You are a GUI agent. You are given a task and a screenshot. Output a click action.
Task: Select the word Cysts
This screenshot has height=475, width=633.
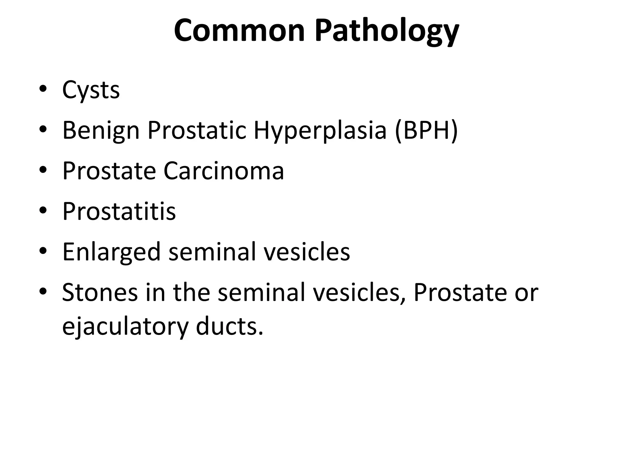91,90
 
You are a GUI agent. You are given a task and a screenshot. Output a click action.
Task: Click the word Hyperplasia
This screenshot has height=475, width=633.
320,131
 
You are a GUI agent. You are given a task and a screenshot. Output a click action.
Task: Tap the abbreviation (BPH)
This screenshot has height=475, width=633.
426,131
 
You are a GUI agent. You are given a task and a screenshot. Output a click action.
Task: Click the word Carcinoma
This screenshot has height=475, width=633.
223,171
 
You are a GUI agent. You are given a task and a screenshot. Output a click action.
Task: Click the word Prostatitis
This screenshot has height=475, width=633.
119,212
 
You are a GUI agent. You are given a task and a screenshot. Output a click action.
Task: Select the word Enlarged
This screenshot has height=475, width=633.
111,252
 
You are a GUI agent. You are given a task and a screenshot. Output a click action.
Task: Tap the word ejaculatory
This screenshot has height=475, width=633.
125,327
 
